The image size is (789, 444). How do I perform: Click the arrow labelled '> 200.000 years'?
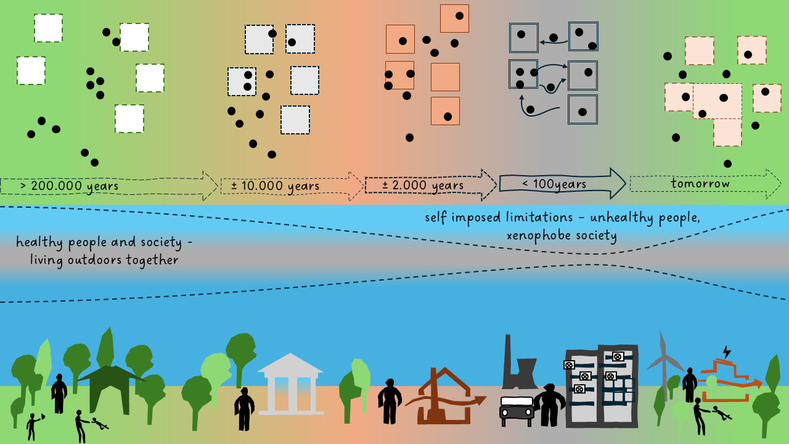pos(108,186)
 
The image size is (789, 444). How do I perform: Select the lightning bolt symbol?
pos(726,351)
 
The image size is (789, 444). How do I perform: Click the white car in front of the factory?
pos(517,409)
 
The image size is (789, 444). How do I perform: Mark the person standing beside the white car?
pos(549,405)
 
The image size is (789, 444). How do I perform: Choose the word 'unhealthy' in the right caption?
pos(617,218)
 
